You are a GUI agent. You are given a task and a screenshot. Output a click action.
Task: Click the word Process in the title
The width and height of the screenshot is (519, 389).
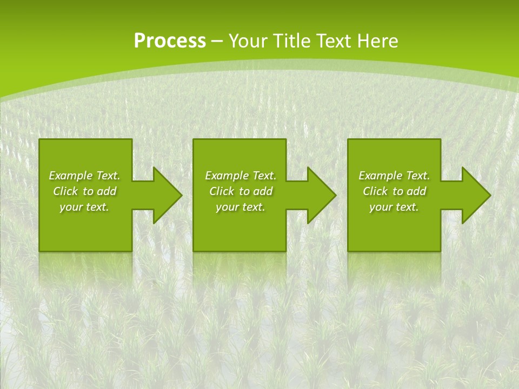pyautogui.click(x=170, y=41)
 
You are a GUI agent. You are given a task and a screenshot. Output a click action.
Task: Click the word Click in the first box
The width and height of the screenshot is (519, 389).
pyautogui.click(x=66, y=191)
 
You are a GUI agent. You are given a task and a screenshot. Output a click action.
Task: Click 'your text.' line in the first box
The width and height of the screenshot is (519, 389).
pyautogui.click(x=84, y=207)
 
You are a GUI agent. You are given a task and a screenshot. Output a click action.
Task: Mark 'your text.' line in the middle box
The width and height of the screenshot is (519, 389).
pyautogui.click(x=241, y=207)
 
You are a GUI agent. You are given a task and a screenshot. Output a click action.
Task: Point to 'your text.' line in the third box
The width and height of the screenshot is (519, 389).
pyautogui.click(x=394, y=207)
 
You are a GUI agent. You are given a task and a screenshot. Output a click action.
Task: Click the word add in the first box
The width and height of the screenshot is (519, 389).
pyautogui.click(x=107, y=191)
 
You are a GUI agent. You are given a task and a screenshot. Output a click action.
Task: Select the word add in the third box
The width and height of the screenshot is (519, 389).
pyautogui.click(x=417, y=191)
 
